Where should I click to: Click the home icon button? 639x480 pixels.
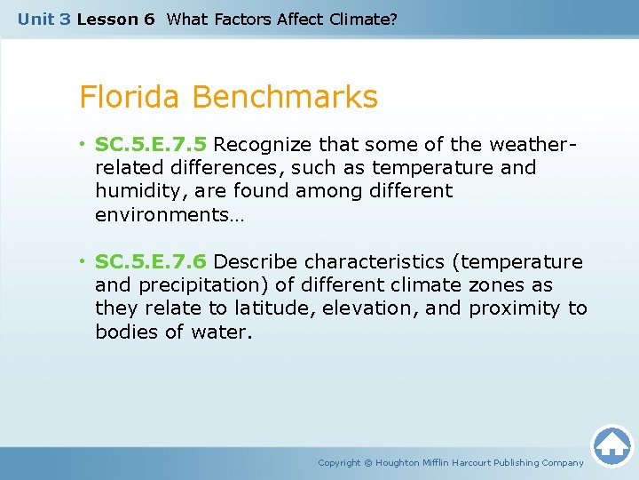[611, 444]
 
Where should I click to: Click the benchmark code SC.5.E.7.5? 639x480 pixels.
[151, 144]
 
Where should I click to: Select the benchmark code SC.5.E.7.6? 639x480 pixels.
[151, 261]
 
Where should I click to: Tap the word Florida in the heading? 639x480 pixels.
[130, 97]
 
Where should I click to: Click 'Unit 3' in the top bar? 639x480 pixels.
[43, 19]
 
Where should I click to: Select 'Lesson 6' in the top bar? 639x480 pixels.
[115, 19]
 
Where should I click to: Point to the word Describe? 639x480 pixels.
[256, 261]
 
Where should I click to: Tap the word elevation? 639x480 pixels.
[369, 308]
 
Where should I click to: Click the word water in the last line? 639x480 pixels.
[226, 332]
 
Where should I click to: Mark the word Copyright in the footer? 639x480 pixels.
[339, 462]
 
